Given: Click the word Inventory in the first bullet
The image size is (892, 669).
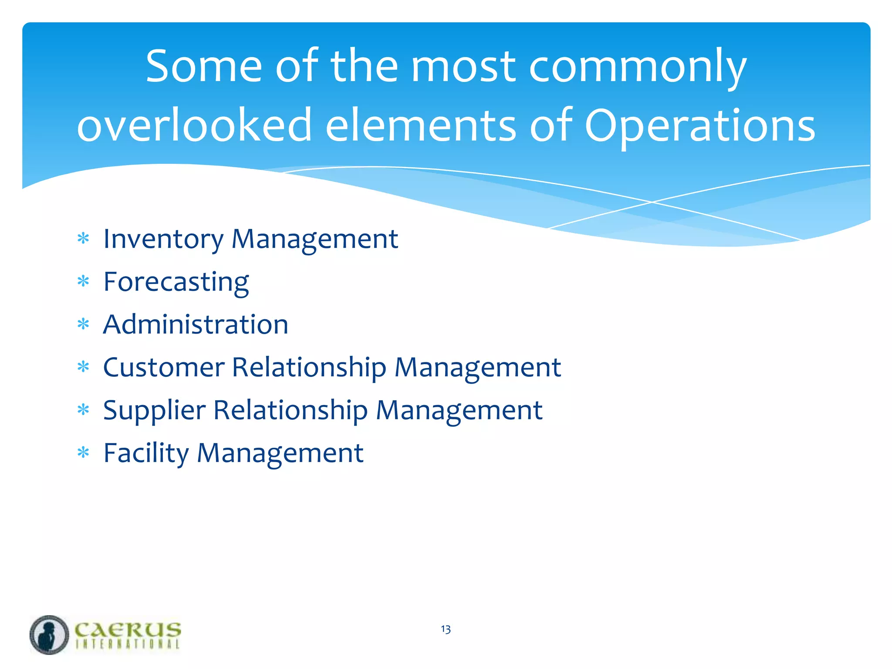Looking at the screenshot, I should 163,239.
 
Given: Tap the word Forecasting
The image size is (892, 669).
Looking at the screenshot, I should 176,282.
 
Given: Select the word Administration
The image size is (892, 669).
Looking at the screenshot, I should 196,324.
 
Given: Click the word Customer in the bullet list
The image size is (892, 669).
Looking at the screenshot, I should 164,367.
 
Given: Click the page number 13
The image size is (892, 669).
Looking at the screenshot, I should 446,629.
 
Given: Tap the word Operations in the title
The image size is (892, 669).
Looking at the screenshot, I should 699,126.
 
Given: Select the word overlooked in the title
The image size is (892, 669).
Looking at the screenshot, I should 195,126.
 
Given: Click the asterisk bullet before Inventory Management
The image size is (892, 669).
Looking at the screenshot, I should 83,239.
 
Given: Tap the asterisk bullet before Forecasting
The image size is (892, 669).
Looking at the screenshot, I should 83,281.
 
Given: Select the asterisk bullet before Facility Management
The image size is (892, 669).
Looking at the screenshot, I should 83,453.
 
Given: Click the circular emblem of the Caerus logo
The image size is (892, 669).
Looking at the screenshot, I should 49,635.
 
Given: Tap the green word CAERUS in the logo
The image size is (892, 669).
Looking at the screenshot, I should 128,629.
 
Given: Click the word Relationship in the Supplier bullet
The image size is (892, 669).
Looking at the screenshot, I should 291,410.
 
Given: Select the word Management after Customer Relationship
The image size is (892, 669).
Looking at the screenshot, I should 478,367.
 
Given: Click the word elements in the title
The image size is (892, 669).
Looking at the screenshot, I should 421,126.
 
